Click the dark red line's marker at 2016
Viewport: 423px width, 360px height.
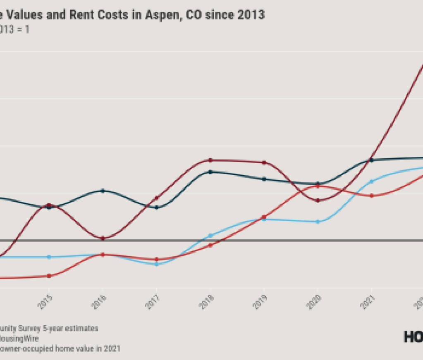pyautogui.click(x=103, y=238)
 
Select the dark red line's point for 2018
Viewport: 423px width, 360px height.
pyautogui.click(x=210, y=160)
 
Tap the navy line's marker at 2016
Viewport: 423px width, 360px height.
pyautogui.click(x=103, y=191)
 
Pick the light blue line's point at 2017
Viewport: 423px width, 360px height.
pyautogui.click(x=156, y=264)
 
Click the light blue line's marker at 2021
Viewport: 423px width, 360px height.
pyautogui.click(x=371, y=181)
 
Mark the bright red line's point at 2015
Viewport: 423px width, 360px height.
pyautogui.click(x=49, y=276)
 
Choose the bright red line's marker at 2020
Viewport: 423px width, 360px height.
pyautogui.click(x=318, y=186)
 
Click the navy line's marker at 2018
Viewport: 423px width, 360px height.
pyautogui.click(x=210, y=172)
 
